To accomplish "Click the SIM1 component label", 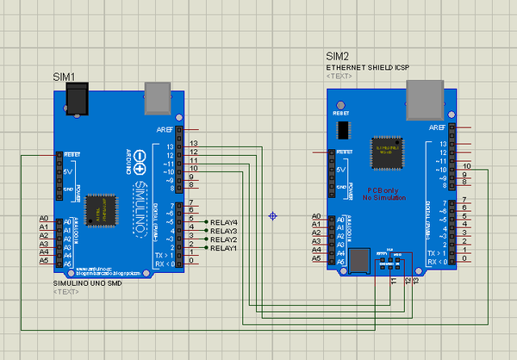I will (65, 78).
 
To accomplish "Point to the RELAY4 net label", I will (223, 223).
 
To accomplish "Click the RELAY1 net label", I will (223, 249).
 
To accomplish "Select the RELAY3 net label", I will (223, 232).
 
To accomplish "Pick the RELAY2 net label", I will (223, 240).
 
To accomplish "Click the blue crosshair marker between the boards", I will (273, 215).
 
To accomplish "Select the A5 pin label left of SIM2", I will (317, 258).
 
